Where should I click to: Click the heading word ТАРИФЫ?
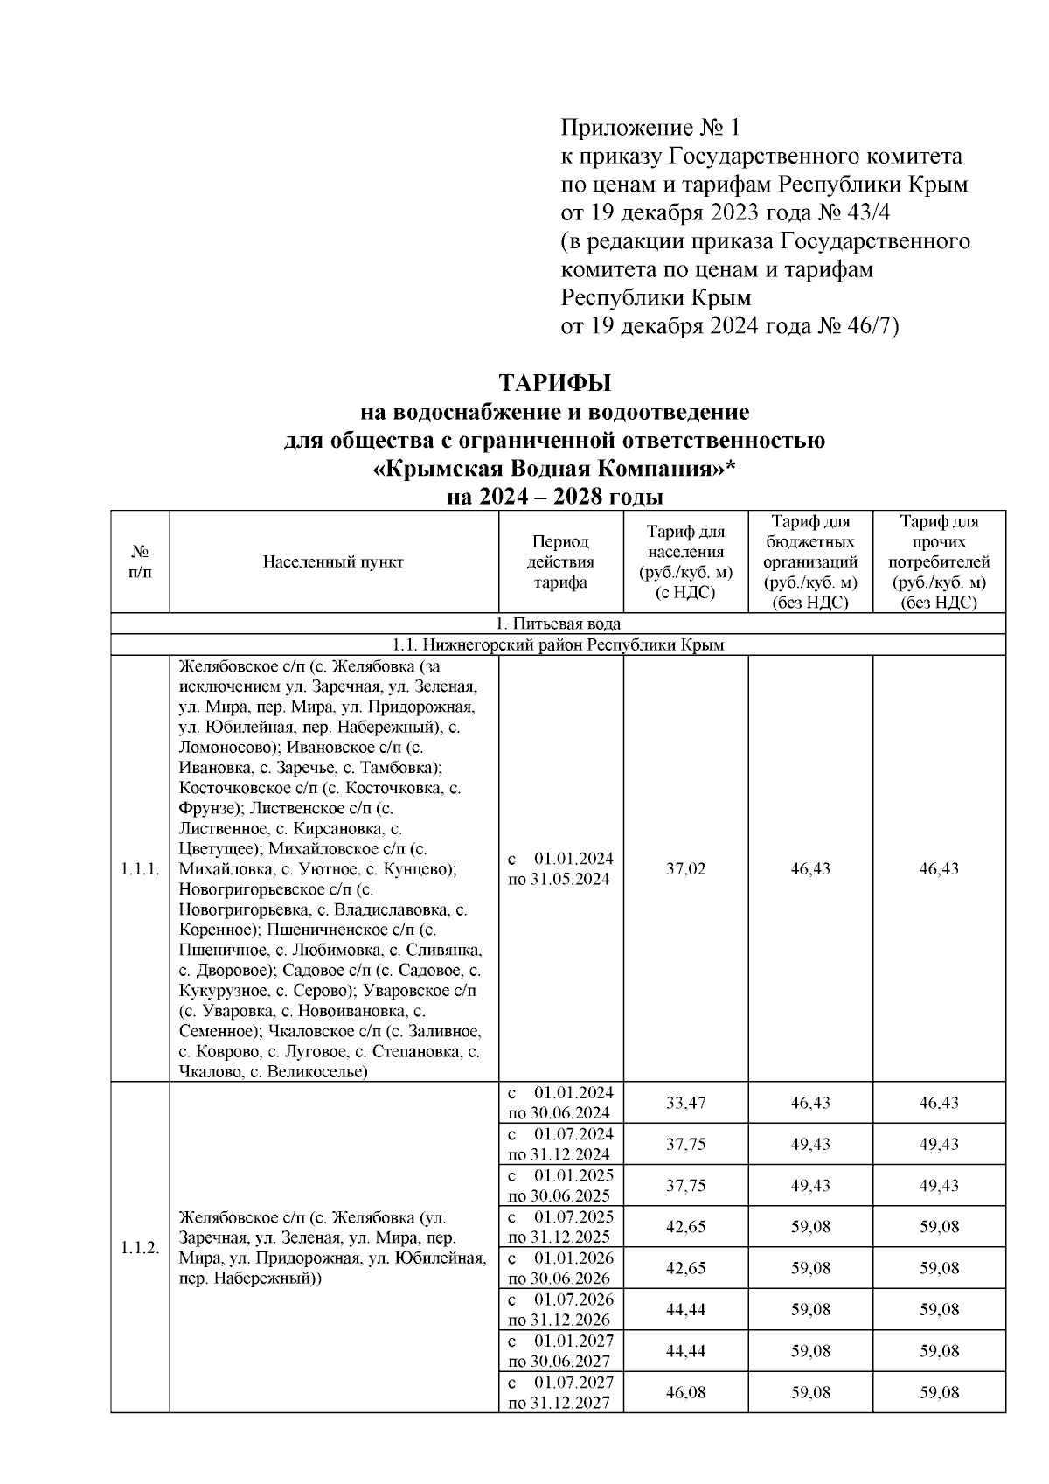[x=554, y=383]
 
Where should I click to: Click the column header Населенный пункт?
[x=333, y=562]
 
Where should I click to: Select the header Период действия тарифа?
[x=560, y=562]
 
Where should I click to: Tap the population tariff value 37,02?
[x=685, y=869]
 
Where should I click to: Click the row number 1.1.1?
[x=139, y=869]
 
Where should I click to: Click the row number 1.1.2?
[x=139, y=1248]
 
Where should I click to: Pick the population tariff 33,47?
[x=685, y=1103]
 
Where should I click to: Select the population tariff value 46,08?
[x=685, y=1392]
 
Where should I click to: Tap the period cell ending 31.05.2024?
[x=560, y=869]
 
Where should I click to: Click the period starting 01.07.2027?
[x=560, y=1392]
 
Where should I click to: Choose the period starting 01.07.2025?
[x=560, y=1227]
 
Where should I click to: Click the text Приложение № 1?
[x=650, y=129]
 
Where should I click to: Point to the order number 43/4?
[x=865, y=212]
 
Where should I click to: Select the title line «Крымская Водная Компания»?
[x=554, y=470]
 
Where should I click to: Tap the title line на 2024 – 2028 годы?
[x=554, y=498]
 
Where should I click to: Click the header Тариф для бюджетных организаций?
[x=810, y=562]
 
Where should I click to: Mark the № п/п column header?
[x=139, y=562]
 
